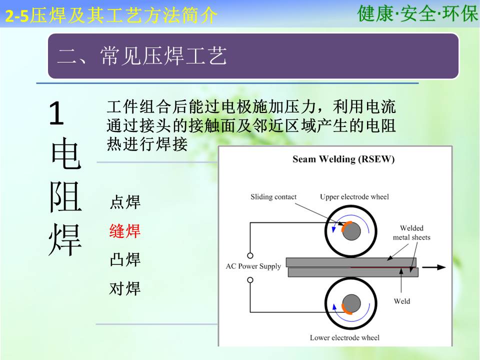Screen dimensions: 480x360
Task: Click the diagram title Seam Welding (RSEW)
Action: click(343, 159)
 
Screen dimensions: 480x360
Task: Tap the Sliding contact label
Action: click(273, 197)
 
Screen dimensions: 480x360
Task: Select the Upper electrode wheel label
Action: click(354, 197)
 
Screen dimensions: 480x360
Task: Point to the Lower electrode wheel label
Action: click(344, 337)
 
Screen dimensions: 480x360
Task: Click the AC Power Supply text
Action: click(253, 266)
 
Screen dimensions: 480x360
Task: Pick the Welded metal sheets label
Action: click(411, 232)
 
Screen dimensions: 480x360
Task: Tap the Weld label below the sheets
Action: click(402, 301)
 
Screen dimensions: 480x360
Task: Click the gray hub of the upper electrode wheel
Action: click(351, 231)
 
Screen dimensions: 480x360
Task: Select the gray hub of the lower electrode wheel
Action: click(351, 303)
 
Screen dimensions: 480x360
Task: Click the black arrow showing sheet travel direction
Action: click(434, 267)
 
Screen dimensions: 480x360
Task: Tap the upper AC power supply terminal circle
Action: click(250, 255)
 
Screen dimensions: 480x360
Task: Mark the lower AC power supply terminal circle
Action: click(250, 280)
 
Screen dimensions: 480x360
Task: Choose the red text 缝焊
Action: click(125, 231)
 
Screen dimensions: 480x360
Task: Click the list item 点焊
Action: click(125, 202)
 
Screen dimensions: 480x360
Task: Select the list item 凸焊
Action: click(125, 259)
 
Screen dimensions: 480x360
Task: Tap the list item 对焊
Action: click(125, 288)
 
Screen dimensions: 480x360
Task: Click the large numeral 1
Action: click(56, 114)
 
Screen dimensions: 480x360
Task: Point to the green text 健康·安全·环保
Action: click(417, 13)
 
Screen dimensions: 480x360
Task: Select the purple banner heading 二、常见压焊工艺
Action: click(142, 56)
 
